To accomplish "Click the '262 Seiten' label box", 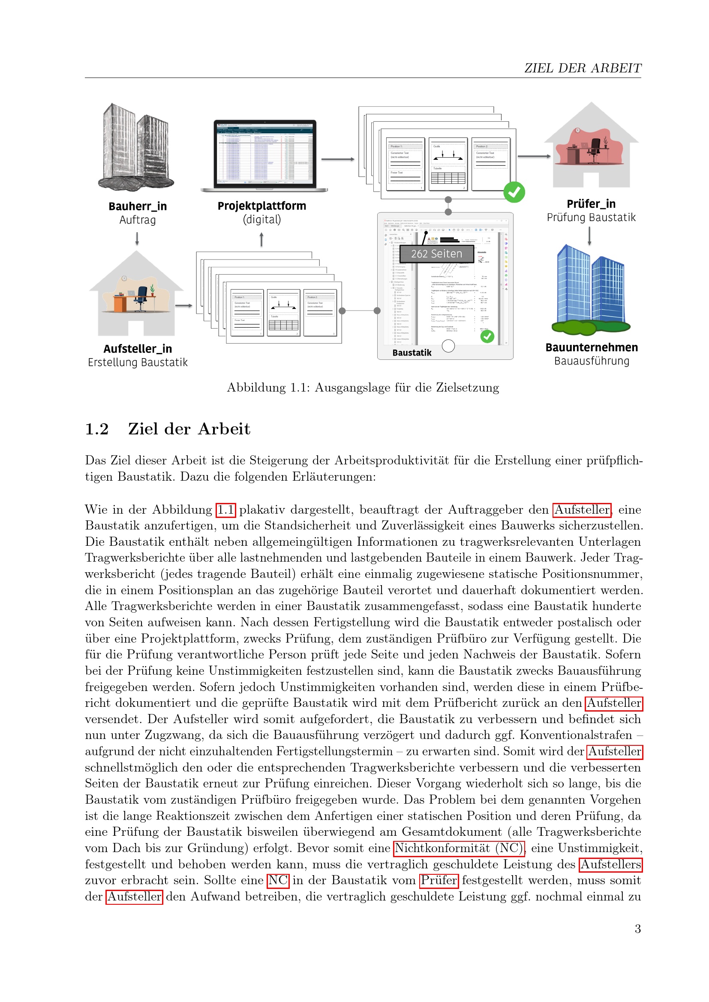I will click(436, 254).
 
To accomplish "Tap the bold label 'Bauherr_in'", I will click(138, 206).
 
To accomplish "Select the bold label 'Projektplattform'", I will click(261, 206).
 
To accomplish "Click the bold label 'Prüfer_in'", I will click(591, 204).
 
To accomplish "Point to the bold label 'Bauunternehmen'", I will click(591, 347).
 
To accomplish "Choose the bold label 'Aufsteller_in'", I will click(138, 349).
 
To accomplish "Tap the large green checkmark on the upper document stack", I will click(514, 192).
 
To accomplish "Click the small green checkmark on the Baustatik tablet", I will click(487, 336).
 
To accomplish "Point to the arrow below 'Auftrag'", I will click(137, 238).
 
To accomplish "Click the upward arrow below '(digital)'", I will click(261, 239).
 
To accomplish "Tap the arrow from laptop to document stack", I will click(337, 159).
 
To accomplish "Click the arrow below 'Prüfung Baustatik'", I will click(589, 236).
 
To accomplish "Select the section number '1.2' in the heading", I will click(96, 429).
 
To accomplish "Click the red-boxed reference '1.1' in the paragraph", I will click(226, 510).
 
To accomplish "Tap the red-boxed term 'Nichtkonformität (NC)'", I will click(459, 848).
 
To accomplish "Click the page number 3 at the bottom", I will click(637, 929).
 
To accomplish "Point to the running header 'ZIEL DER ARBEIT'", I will click(583, 68).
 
